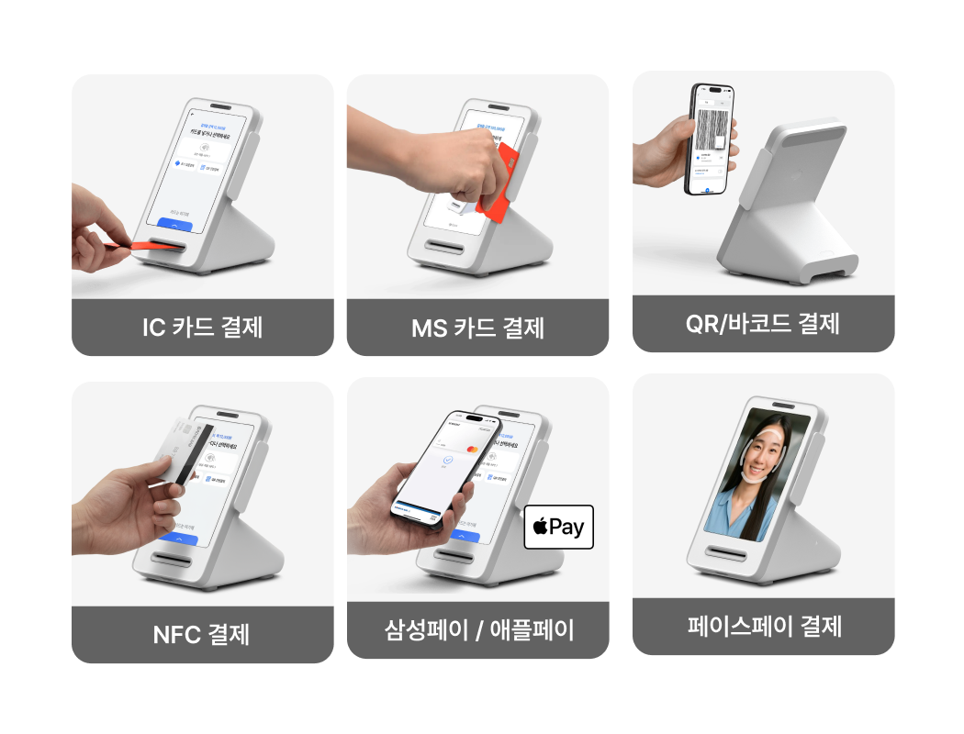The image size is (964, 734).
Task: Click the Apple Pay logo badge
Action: coord(558,527)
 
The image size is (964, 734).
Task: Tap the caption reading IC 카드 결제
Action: coord(202,327)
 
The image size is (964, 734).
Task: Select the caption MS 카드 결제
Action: coord(477,327)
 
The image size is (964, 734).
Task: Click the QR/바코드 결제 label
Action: coord(763,323)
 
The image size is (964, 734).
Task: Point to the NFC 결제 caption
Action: coord(202,633)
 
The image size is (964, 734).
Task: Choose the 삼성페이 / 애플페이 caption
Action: coord(477,630)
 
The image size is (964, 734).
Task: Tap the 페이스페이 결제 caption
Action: coord(764,627)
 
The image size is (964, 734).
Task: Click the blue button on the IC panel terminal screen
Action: coord(174,224)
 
